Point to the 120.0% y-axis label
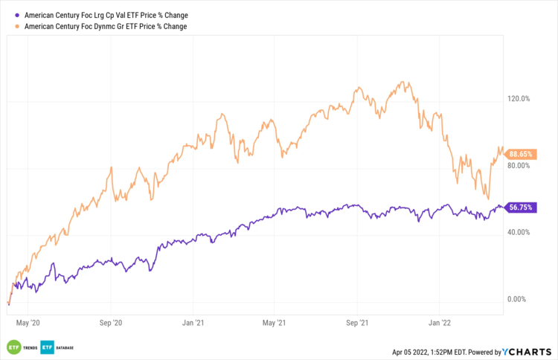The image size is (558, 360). [519, 98]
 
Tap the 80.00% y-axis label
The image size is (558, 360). [519, 165]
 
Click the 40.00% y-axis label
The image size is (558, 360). [519, 232]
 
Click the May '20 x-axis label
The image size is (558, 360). [28, 323]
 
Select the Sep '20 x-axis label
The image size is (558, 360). [110, 323]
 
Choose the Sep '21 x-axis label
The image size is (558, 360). [357, 323]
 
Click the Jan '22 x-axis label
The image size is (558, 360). [439, 323]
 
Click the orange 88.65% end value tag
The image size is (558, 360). [519, 154]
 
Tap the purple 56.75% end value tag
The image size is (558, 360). [519, 208]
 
